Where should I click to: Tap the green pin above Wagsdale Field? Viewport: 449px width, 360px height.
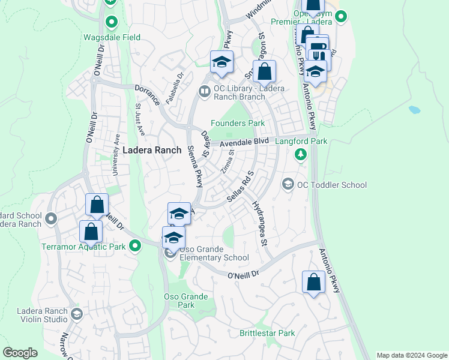coord(111,23)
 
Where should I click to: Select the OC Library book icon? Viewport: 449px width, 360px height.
coord(204,91)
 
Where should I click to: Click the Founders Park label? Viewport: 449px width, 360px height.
coord(237,123)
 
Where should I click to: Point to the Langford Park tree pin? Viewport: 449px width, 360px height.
coord(301,155)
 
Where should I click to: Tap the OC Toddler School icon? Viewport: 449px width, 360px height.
coord(288,184)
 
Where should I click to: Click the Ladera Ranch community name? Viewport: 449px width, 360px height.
coord(152,150)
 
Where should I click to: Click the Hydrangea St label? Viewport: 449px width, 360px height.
coord(259,223)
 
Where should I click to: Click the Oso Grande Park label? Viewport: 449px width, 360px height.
coord(186,301)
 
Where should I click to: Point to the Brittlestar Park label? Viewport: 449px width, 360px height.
coord(267,333)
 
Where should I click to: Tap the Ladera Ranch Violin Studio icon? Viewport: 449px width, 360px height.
coord(76,314)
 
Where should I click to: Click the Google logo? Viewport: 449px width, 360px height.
coord(20,353)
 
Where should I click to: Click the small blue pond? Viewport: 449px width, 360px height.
coord(415,110)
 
